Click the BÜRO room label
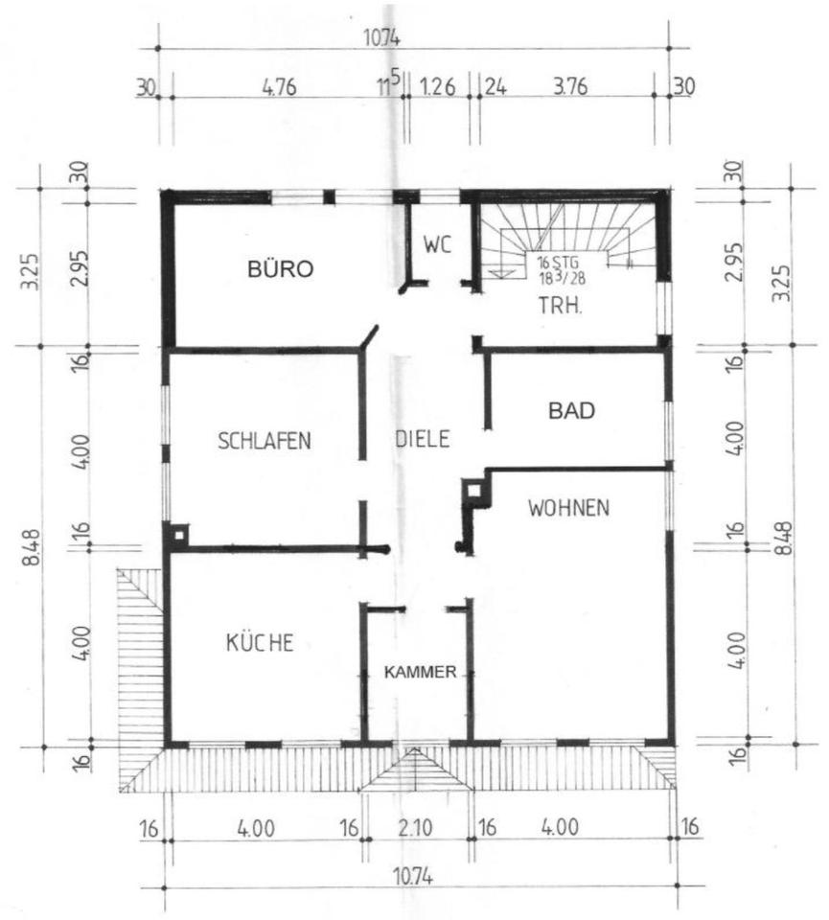281,268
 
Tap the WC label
438,244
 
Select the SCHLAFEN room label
264,441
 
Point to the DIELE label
423,438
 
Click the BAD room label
571,411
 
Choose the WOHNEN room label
568,508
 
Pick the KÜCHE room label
260,642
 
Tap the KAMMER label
420,673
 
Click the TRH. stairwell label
561,306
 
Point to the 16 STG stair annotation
558,262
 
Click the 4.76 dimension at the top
279,87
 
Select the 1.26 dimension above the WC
438,87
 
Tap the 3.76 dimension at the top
570,86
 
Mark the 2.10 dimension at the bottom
415,828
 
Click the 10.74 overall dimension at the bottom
413,878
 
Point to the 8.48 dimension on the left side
33,547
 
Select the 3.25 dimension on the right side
781,284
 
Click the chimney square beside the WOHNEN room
474,490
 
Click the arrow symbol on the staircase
499,271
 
